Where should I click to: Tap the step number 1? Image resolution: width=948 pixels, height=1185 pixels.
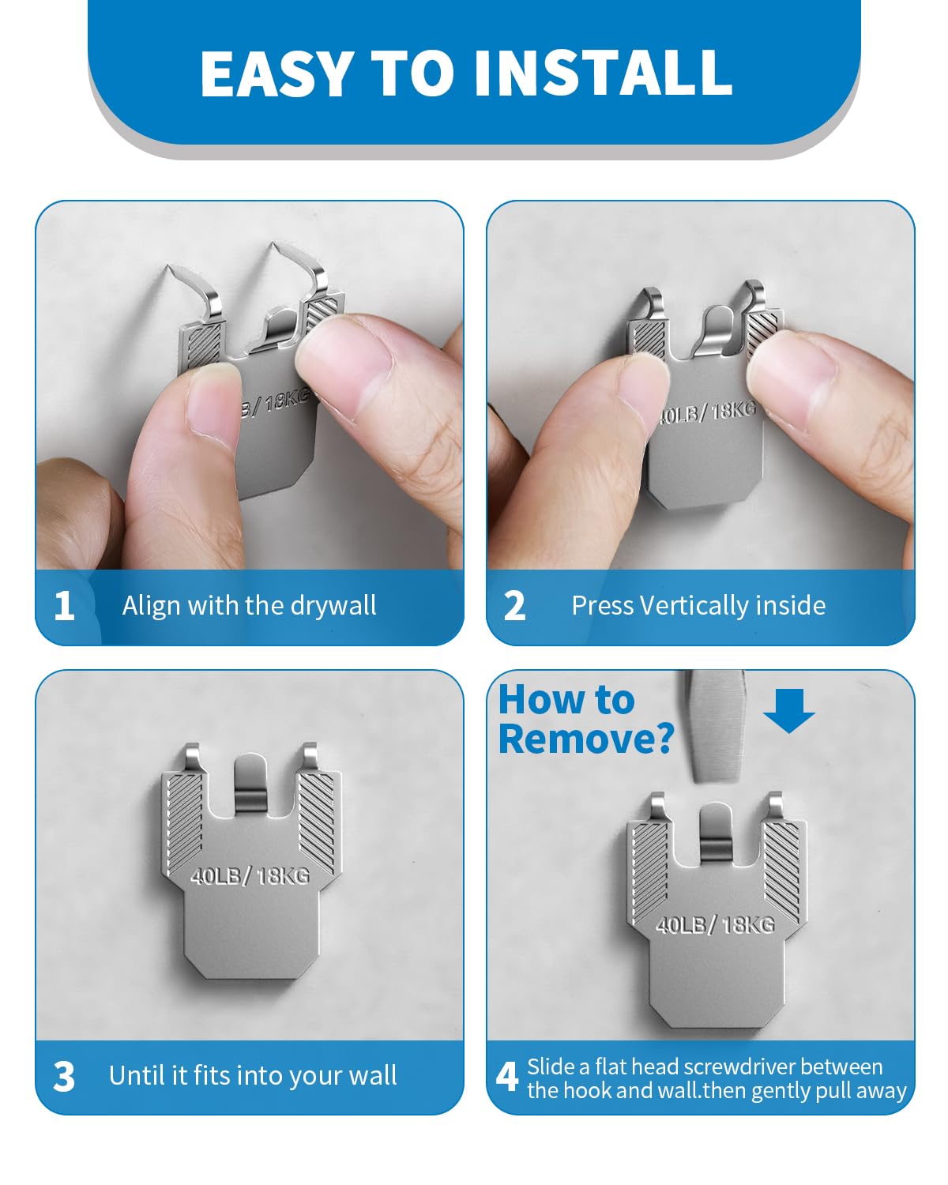pos(65,606)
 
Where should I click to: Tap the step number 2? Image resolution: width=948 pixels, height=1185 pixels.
pos(514,606)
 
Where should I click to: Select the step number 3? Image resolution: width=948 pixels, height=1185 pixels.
pos(64,1077)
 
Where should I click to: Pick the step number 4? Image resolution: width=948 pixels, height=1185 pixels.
pos(506,1077)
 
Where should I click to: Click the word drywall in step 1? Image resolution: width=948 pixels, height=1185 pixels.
pos(333,606)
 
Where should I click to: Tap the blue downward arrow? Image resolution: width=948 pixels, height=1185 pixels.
pos(788,710)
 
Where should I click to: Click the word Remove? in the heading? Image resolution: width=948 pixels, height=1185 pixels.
pos(586,739)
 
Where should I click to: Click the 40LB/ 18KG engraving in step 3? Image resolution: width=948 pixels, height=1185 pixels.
pos(250,875)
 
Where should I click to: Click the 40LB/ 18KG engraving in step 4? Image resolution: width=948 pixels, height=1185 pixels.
pos(715,925)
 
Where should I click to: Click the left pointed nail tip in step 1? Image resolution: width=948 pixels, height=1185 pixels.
pos(168,267)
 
